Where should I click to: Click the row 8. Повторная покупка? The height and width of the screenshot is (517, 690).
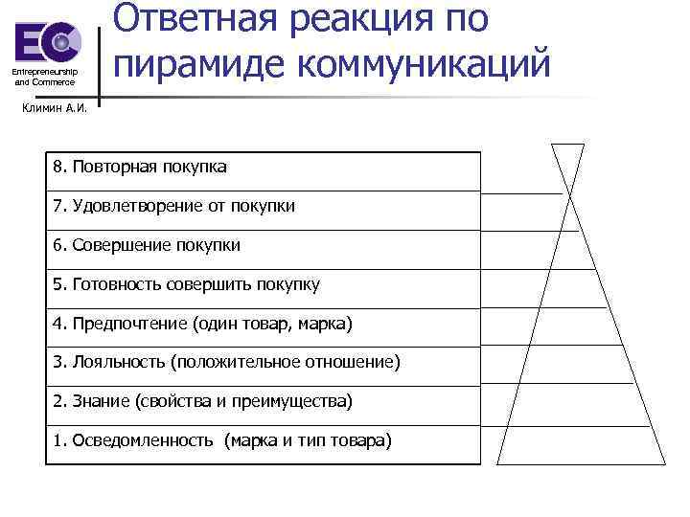coord(140,168)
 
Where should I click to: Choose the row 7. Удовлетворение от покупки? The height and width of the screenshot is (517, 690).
coord(173,206)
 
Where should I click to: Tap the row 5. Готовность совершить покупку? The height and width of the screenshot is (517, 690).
coord(186,284)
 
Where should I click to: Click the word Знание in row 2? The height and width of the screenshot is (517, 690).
coord(100,401)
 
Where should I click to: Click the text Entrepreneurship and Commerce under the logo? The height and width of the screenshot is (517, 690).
coord(44,78)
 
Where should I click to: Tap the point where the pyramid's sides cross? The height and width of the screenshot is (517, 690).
coord(568,192)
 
